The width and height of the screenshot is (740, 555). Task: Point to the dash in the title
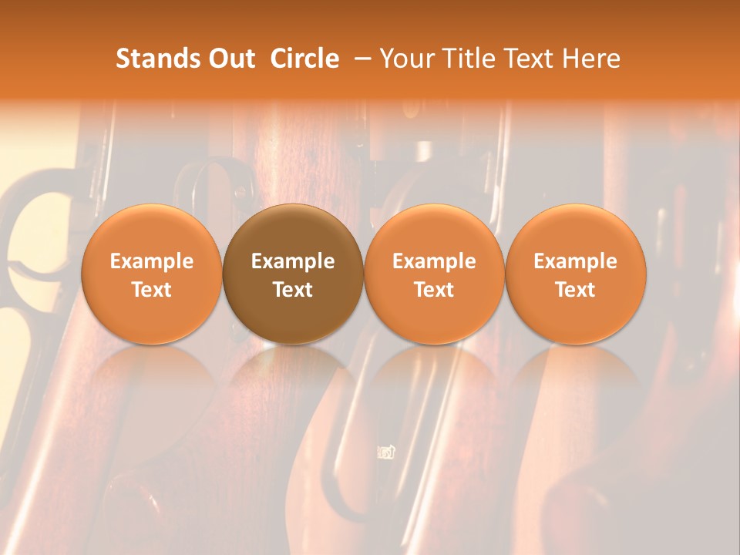pyautogui.click(x=360, y=59)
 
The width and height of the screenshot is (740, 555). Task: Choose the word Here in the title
pyautogui.click(x=591, y=59)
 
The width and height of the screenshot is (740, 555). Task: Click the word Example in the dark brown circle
pyautogui.click(x=293, y=261)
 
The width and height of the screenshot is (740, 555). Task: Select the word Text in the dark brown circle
pyautogui.click(x=293, y=290)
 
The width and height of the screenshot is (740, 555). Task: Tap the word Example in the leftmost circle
pyautogui.click(x=152, y=261)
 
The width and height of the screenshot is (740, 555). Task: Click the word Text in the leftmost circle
pyautogui.click(x=152, y=290)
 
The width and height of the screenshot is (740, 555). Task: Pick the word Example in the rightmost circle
pyautogui.click(x=576, y=261)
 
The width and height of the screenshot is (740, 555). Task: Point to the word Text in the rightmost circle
pyautogui.click(x=576, y=290)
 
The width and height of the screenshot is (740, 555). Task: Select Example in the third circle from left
pyautogui.click(x=434, y=261)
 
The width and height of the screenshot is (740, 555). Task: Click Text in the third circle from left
pyautogui.click(x=434, y=290)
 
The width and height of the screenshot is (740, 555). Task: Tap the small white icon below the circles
pyautogui.click(x=386, y=452)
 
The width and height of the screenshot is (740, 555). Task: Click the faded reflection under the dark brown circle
pyautogui.click(x=293, y=378)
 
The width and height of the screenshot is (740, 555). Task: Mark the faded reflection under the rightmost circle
pyautogui.click(x=576, y=378)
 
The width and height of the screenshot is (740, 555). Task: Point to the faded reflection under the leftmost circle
pyautogui.click(x=152, y=378)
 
